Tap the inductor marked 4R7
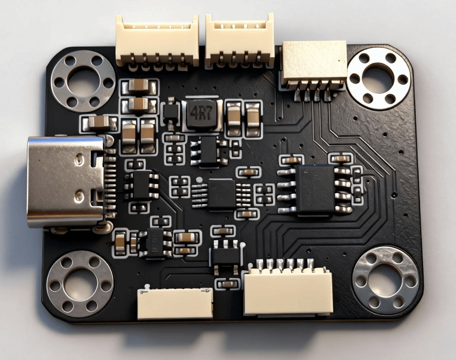coord(202,115)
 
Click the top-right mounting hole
coord(378,79)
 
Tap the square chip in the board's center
coord(221,194)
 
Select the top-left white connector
coord(157,41)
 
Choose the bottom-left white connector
coord(175,304)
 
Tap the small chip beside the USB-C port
coord(141,185)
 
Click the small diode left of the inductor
coord(171,112)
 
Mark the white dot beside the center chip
coord(199,179)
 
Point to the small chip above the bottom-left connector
coord(155,243)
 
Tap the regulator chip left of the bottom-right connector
coord(225,255)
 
